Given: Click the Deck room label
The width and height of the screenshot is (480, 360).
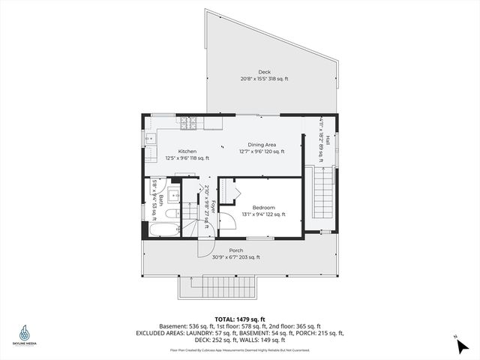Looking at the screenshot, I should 263,71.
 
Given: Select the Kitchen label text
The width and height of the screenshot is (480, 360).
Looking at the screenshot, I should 187,151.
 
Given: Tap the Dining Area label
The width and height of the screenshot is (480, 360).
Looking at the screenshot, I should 262,144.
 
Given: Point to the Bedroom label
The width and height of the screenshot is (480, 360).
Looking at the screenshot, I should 263,207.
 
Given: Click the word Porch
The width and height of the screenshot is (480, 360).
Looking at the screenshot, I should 236,250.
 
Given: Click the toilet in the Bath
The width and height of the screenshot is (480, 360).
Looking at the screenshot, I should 170,214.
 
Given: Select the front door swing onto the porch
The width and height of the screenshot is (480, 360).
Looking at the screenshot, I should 205,248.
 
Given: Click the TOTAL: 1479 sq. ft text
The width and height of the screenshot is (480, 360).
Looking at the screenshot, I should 239,319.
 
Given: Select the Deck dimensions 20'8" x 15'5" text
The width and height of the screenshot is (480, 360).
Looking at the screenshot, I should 263,79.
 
